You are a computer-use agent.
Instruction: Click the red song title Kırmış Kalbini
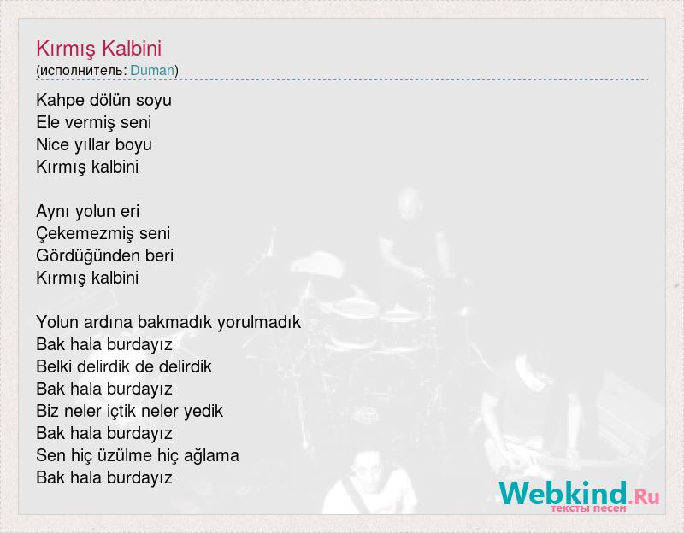[98, 49]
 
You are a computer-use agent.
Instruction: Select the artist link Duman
[152, 70]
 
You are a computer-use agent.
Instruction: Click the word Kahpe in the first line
[60, 101]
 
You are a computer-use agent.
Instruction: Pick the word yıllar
[92, 145]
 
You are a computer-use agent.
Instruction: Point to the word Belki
[54, 366]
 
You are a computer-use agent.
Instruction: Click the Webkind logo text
[563, 493]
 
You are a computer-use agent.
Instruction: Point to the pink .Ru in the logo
[644, 496]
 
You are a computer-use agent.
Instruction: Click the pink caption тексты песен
[587, 508]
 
